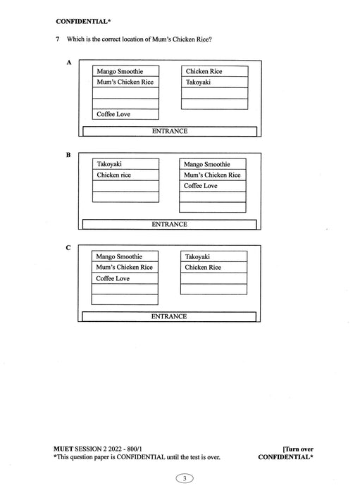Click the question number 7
coord(57,39)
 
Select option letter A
coord(69,62)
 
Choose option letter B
coord(69,154)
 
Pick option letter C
coord(68,247)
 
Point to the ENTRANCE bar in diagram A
coord(170,131)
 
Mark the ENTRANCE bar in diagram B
coord(170,224)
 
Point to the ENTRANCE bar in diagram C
coord(170,317)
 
